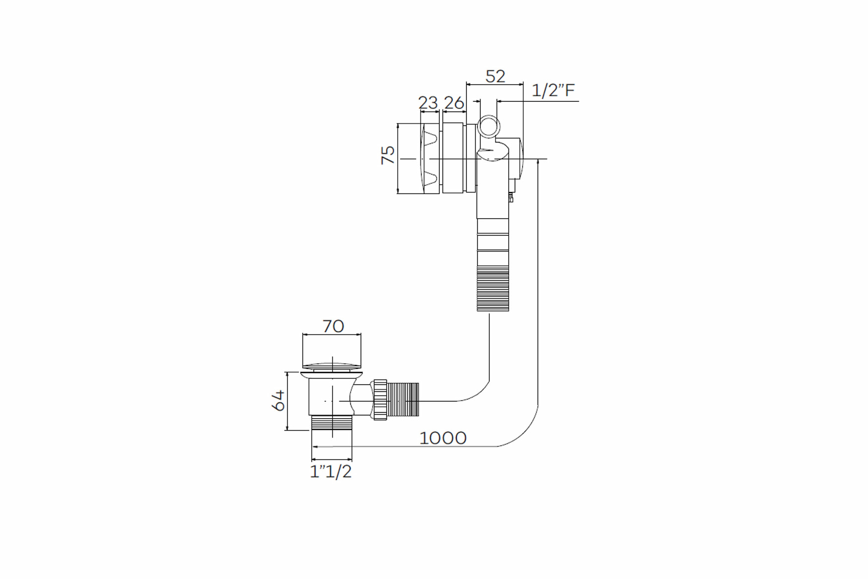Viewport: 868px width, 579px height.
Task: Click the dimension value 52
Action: [x=495, y=76]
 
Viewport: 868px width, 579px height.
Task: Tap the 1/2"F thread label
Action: [x=553, y=91]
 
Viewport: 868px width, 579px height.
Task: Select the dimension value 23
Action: [x=428, y=103]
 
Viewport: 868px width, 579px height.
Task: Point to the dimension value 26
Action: [x=454, y=103]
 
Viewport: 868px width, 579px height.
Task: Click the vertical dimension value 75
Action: [x=388, y=155]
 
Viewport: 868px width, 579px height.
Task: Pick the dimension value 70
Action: [x=333, y=326]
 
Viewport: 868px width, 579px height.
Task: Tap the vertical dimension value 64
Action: [x=278, y=400]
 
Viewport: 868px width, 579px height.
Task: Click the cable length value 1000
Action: [x=443, y=438]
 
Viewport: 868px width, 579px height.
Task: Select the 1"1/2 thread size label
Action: [x=331, y=471]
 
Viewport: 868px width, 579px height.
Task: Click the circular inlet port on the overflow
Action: [x=489, y=126]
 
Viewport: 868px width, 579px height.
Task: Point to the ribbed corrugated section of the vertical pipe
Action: [x=493, y=289]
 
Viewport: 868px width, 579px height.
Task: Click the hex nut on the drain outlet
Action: [x=380, y=400]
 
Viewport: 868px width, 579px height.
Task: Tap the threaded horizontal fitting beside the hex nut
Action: [x=403, y=400]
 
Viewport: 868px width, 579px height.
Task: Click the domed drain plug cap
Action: [x=331, y=367]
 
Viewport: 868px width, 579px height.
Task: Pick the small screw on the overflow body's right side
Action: [x=511, y=198]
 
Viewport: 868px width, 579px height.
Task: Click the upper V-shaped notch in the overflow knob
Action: [x=430, y=138]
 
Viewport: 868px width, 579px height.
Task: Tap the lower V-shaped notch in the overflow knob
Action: [x=430, y=179]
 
